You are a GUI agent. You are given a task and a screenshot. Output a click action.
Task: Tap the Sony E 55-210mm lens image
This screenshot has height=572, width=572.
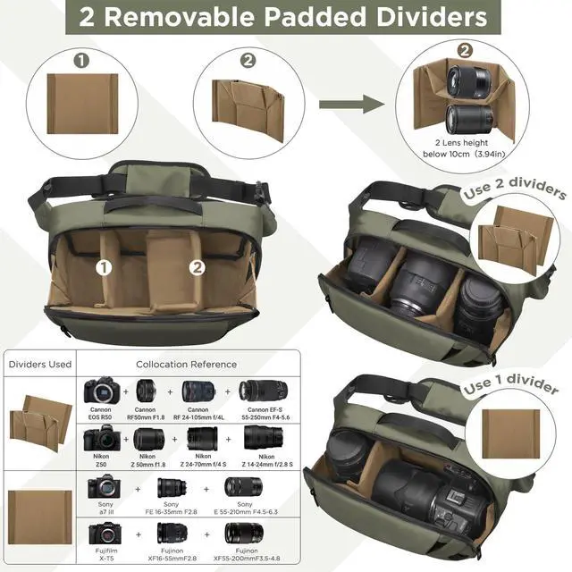coord(243,487)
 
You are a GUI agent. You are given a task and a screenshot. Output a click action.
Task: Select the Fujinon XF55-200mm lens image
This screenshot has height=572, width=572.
coord(243,534)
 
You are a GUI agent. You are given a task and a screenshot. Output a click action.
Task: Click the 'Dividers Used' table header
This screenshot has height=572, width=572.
coord(39,364)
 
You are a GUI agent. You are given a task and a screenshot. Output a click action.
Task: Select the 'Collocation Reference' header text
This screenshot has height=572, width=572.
coord(186,364)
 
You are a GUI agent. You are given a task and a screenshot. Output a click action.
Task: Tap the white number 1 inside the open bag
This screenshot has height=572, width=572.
coord(105,266)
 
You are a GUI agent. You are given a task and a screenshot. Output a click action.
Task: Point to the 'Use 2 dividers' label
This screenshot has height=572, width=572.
coord(514,193)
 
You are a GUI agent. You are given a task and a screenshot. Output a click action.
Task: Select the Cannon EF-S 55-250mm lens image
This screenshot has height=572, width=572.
coord(263,391)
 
